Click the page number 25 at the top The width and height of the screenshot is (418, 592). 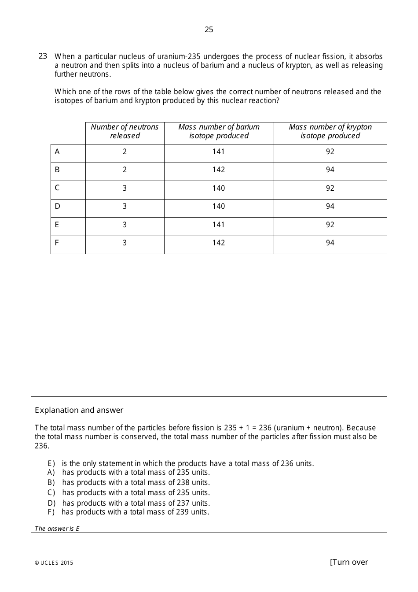coord(209,30)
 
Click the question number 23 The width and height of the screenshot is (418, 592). coord(43,56)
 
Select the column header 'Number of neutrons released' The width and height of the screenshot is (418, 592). coord(125,131)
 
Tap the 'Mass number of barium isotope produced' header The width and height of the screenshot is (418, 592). coord(219,131)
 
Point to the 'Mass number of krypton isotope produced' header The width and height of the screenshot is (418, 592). coord(330,131)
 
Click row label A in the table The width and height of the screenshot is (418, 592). coord(57,152)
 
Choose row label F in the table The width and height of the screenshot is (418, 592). coord(57,243)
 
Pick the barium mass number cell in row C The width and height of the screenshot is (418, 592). coord(219,189)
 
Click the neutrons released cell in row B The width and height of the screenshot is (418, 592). coord(125,170)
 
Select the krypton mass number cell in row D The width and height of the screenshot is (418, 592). coord(330,207)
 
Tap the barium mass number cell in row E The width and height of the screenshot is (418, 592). coord(219,225)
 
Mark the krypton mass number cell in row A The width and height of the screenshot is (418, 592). coord(330,152)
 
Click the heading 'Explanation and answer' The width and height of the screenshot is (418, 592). coord(79,410)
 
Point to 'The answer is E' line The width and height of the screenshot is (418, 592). coord(57,529)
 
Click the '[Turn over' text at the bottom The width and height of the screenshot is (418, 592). coord(348,562)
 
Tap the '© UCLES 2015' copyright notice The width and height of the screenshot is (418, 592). coord(54,563)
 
